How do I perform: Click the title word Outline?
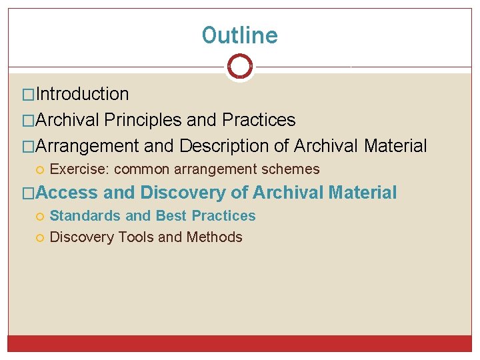239,35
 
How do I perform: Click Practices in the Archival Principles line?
259,120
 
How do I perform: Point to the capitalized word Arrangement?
87,145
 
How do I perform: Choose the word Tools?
136,237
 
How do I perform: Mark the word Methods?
215,237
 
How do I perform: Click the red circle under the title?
239,66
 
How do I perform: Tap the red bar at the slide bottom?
239,343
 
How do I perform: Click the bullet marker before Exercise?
40,170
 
